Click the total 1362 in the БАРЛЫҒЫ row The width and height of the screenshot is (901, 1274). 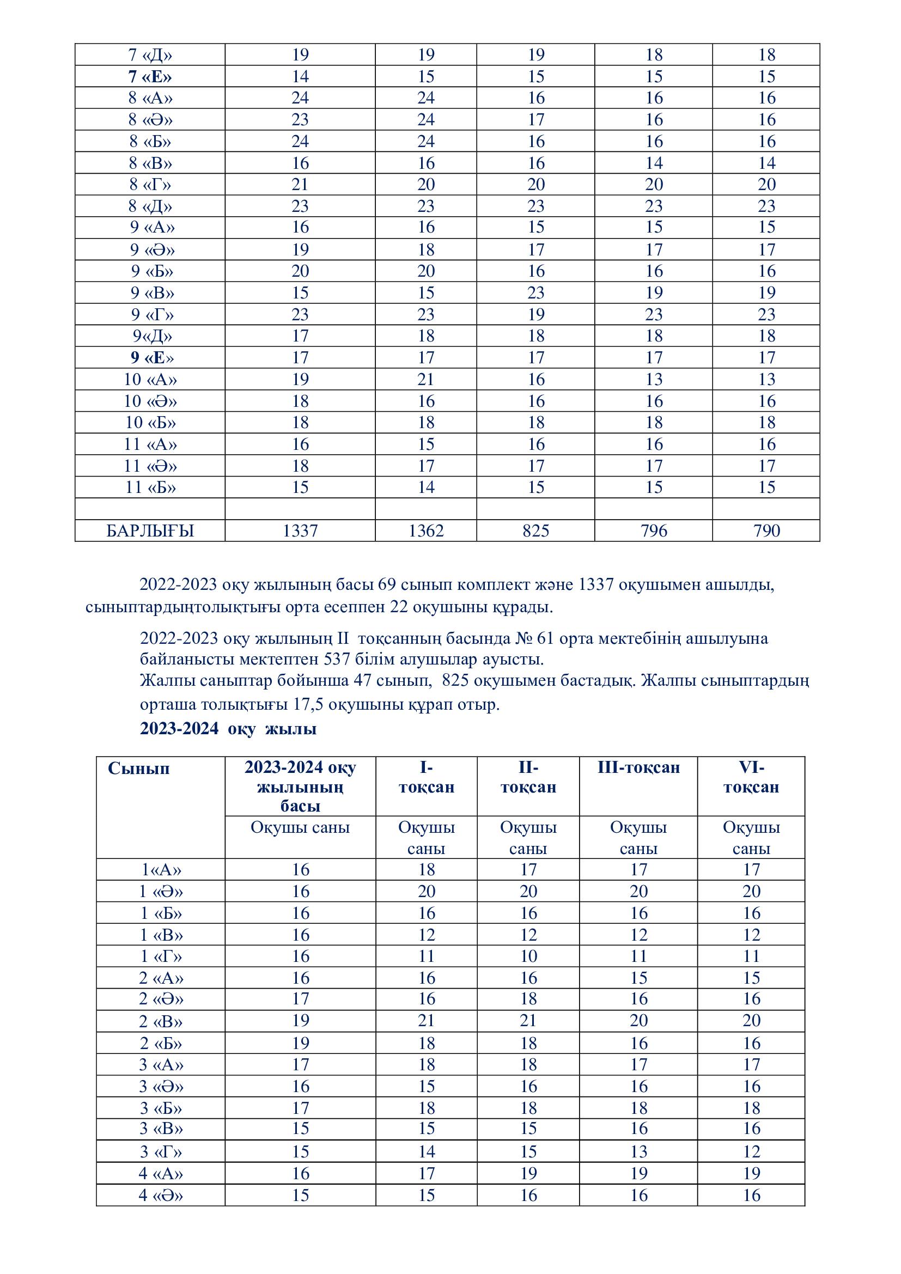click(x=425, y=531)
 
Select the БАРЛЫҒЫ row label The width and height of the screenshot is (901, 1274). click(x=150, y=531)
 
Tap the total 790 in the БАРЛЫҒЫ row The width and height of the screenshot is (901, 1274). click(x=766, y=531)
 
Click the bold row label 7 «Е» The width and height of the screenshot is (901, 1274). click(x=150, y=77)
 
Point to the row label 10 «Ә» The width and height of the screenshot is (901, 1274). click(x=150, y=401)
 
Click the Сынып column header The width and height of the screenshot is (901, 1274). click(x=139, y=769)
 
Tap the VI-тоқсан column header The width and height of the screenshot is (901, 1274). click(x=751, y=777)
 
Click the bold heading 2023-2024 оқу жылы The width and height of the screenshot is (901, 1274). click(x=228, y=729)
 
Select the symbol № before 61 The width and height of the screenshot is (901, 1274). click(x=524, y=638)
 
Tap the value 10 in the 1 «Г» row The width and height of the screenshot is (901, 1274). click(x=528, y=956)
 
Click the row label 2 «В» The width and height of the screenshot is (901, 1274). click(x=160, y=1021)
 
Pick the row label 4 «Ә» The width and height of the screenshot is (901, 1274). click(x=160, y=1194)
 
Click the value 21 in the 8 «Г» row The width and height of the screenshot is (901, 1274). click(x=300, y=185)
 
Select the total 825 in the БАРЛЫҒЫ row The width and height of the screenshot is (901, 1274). click(x=535, y=531)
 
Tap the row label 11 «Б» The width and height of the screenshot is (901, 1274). click(x=150, y=487)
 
